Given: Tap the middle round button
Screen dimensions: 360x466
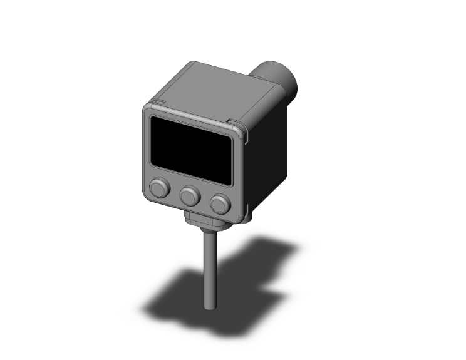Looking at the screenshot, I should tap(189, 197).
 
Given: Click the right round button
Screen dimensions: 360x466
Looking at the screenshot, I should tap(219, 203).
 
